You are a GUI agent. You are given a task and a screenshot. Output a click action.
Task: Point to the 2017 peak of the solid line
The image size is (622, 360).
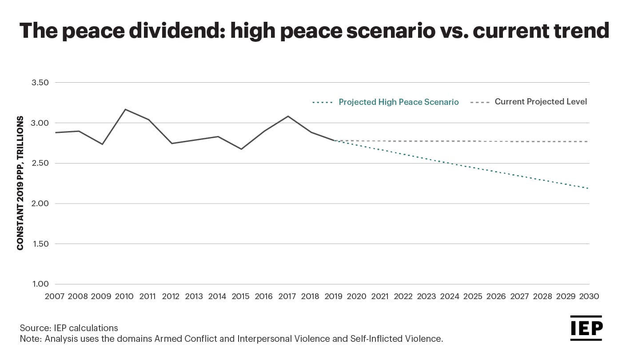pos(288,116)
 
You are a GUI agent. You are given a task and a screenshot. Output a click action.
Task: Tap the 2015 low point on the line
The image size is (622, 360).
pos(241,149)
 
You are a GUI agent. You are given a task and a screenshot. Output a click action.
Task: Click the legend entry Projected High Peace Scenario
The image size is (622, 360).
pos(399,102)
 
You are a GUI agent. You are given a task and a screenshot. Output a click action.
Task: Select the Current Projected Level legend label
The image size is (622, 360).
pos(541,102)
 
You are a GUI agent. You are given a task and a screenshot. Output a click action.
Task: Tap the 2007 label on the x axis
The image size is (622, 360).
pos(55,296)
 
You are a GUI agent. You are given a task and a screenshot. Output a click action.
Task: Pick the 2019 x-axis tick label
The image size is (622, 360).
pos(334,296)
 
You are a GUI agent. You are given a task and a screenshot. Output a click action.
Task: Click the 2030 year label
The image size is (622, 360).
pos(589,296)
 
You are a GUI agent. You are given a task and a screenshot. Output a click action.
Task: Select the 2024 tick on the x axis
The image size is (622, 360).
pos(450,296)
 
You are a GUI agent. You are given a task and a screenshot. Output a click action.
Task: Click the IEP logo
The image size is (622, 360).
pos(586,328)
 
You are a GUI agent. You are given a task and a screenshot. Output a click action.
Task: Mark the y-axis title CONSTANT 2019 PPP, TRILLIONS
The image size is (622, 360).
pos(20,183)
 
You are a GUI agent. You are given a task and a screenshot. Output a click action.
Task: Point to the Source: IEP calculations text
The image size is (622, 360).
pos(69,328)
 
